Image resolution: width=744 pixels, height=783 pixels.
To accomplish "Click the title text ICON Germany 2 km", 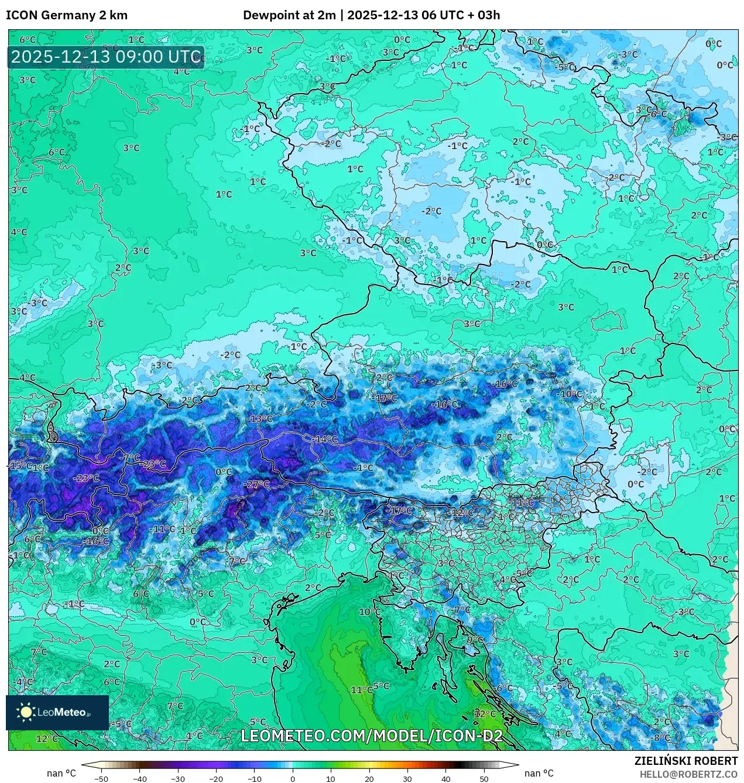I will (67, 15).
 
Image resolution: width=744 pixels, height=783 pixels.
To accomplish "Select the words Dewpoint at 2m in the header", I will (289, 15).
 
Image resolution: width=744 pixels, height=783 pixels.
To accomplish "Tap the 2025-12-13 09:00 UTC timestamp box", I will (106, 57).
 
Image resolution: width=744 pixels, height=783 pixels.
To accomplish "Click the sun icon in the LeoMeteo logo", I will (26, 712).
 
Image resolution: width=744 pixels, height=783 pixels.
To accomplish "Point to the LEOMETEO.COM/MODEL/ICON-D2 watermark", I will (372, 736).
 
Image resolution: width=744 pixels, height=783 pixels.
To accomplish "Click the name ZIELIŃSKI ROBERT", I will (686, 761).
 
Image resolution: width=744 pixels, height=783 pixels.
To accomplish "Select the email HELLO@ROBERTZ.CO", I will (688, 774).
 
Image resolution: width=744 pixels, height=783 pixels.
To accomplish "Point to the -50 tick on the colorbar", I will (101, 778).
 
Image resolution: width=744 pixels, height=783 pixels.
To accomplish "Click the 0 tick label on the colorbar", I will (293, 778).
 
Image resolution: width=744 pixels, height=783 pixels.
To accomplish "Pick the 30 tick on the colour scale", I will (407, 778).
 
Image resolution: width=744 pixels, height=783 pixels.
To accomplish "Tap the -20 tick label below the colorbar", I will (216, 778).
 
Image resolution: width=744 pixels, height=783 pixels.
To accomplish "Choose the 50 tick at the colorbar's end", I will (484, 778).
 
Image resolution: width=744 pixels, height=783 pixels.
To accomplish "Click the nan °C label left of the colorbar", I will (61, 774).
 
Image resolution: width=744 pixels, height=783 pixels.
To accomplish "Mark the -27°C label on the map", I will (258, 485).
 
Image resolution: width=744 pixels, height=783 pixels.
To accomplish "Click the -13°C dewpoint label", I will (260, 419).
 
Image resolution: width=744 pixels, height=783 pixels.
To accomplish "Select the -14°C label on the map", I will (325, 439).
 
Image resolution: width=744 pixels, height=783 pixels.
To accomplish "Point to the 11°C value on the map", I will (361, 690).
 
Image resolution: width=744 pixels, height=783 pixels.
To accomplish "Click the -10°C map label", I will (570, 394).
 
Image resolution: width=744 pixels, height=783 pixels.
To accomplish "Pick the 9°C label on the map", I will (475, 640).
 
